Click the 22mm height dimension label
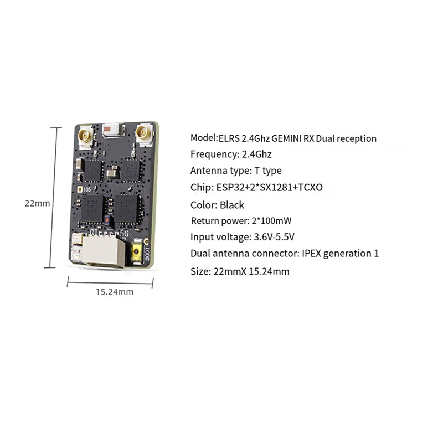point(37,203)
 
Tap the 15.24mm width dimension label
point(115,292)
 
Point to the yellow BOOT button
point(137,252)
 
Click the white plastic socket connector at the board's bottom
point(104,251)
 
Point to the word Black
point(232,205)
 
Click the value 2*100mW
point(271,220)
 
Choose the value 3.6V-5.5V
point(274,237)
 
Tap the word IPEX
point(311,254)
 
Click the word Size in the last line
point(200,271)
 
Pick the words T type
point(268,171)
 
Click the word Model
point(203,138)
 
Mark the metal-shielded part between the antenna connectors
point(114,131)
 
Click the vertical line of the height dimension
point(53,198)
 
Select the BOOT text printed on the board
point(147,254)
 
